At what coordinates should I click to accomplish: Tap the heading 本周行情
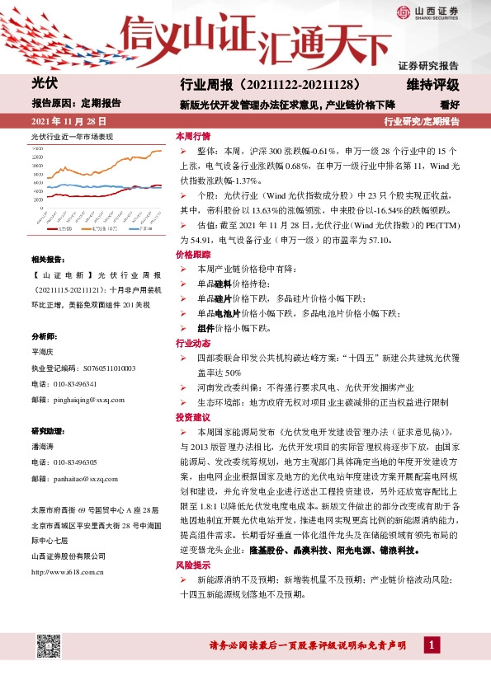(x=193, y=135)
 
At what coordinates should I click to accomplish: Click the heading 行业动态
(x=193, y=342)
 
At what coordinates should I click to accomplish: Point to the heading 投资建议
(x=193, y=418)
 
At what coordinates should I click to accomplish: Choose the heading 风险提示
(x=193, y=566)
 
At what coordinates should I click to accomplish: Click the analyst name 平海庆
(x=44, y=353)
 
